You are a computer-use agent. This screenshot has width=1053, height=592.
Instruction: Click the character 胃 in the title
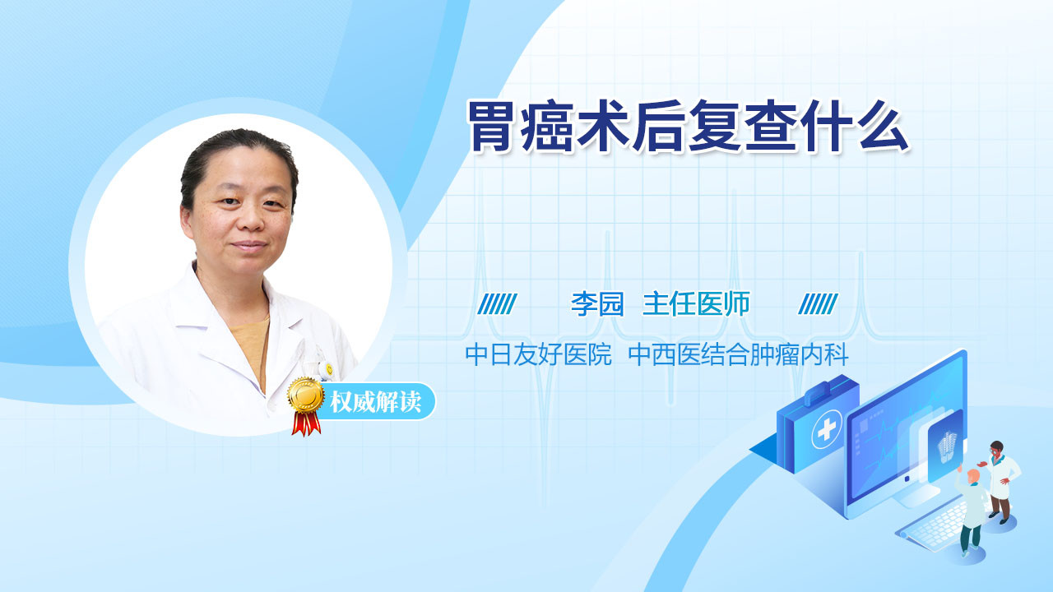490,126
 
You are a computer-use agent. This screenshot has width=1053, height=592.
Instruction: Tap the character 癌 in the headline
546,126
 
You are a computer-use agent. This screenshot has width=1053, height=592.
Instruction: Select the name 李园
597,304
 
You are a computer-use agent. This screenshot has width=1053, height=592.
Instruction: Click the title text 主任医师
696,304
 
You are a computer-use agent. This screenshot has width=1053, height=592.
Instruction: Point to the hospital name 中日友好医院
538,354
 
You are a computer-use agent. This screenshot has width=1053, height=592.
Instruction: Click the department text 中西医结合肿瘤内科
739,354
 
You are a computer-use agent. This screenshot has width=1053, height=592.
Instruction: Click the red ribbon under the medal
306,423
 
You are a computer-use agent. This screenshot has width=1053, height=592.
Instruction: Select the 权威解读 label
376,402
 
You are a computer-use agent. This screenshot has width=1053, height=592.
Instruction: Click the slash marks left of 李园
497,304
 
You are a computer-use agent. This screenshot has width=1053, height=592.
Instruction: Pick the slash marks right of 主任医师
818,304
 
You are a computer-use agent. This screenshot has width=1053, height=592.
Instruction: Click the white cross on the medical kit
827,429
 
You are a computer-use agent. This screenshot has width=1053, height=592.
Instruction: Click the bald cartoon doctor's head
972,478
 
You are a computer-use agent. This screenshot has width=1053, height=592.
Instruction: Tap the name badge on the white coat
327,370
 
